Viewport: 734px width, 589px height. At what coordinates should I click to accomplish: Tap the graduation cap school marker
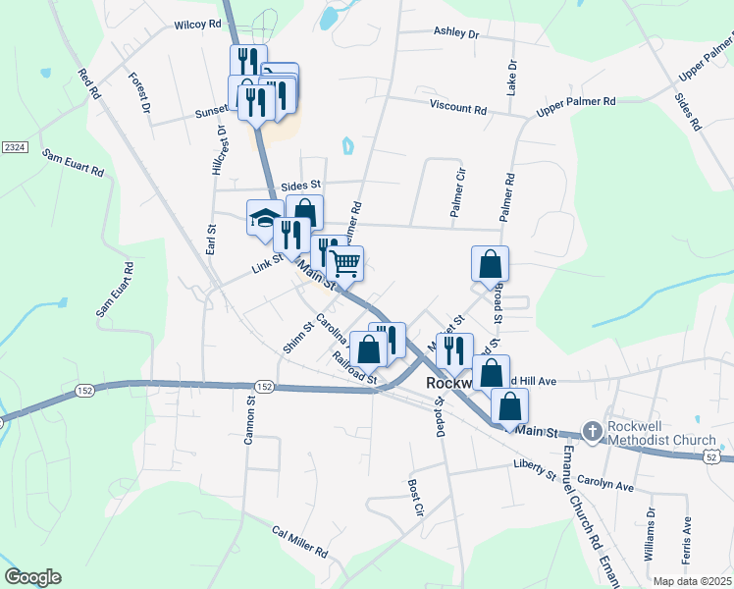coord(264,218)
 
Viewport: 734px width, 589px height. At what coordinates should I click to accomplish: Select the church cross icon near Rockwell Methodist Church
coord(592,431)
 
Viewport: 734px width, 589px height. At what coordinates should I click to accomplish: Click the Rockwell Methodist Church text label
coord(662,433)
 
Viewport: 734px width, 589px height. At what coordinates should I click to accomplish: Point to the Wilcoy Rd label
coord(197,25)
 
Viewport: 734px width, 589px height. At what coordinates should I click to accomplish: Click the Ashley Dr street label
coord(455,32)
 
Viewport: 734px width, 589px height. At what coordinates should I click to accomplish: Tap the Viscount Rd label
coord(458,109)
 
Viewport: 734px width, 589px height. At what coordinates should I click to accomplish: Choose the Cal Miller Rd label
coord(299,541)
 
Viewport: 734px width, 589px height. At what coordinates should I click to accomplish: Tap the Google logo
coord(32,577)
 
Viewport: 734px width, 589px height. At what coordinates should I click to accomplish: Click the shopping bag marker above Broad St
coord(490,264)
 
